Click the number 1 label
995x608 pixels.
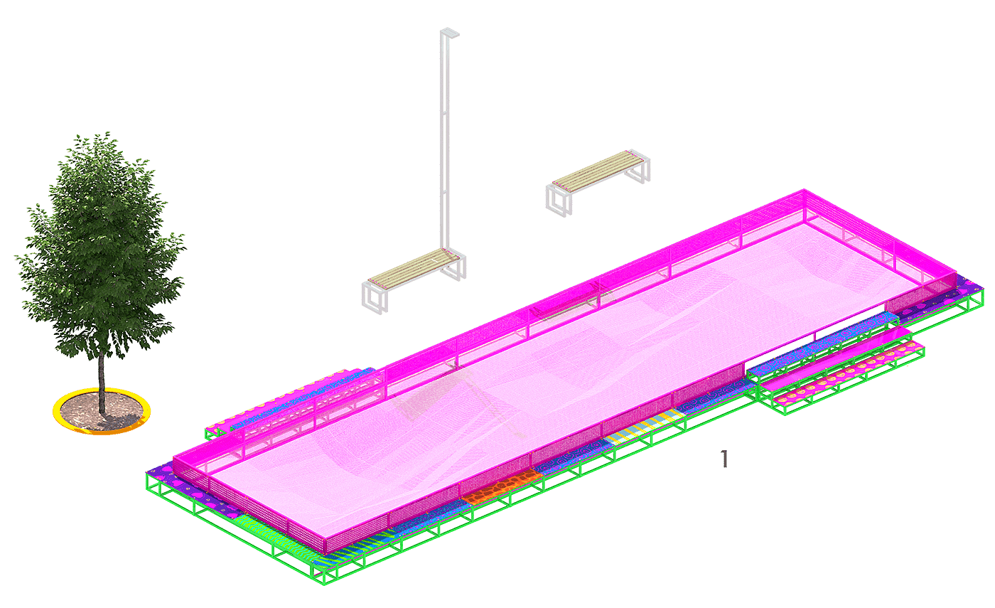[724, 459]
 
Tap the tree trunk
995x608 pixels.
[102, 383]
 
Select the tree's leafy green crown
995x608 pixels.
[101, 245]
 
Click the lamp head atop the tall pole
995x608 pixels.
[450, 33]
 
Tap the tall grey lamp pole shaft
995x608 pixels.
[445, 142]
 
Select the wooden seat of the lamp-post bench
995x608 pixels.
[414, 269]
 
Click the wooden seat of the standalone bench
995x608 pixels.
[598, 171]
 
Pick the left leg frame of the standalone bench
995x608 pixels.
[559, 201]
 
